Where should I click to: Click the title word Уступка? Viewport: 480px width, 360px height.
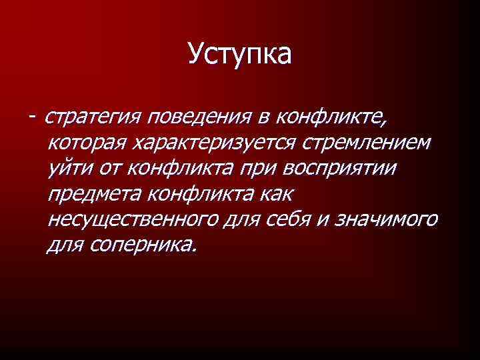point(239,54)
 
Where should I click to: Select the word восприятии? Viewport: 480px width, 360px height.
point(340,168)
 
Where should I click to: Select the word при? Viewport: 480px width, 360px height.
point(259,168)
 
